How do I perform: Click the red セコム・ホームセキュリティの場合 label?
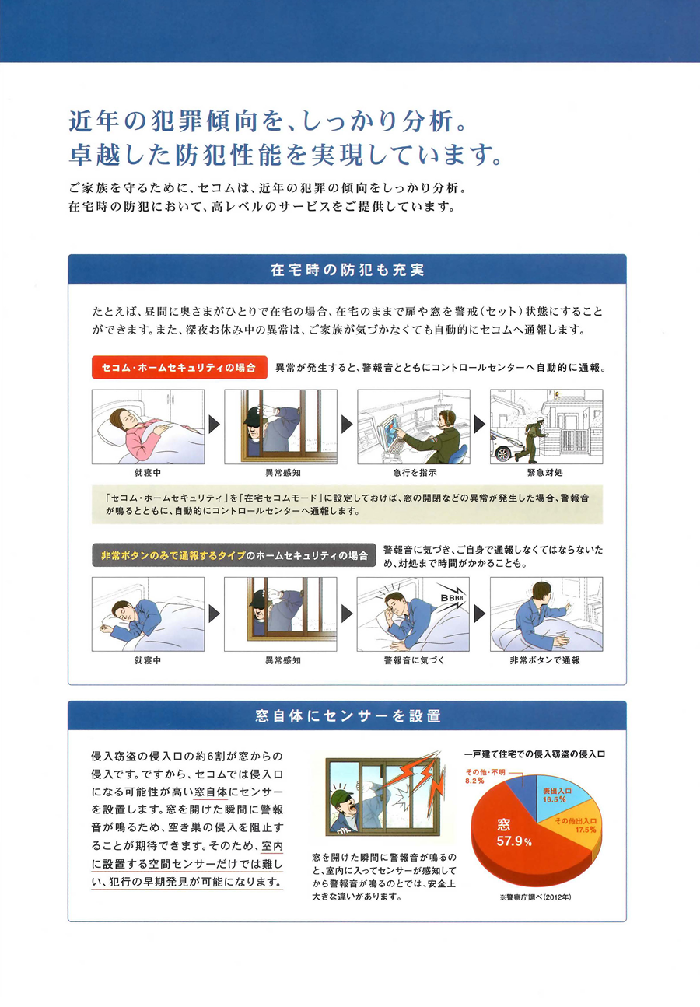[x=179, y=367]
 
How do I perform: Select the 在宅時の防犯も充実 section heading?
[x=348, y=270]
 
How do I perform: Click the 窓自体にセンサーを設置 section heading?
[x=348, y=715]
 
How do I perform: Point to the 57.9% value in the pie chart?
[x=514, y=841]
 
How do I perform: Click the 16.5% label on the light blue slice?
[x=554, y=799]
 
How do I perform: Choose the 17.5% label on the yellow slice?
[x=586, y=830]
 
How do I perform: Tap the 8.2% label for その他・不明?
[x=474, y=781]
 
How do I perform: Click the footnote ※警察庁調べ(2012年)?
[x=535, y=897]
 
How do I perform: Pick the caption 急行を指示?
[x=415, y=473]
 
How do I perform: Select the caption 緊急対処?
[x=545, y=473]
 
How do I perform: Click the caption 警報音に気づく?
[x=414, y=660]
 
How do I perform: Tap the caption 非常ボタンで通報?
[x=545, y=660]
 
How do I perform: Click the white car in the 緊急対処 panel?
[x=506, y=446]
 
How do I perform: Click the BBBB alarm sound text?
[x=451, y=598]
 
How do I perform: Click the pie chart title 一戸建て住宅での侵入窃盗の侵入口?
[x=534, y=754]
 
